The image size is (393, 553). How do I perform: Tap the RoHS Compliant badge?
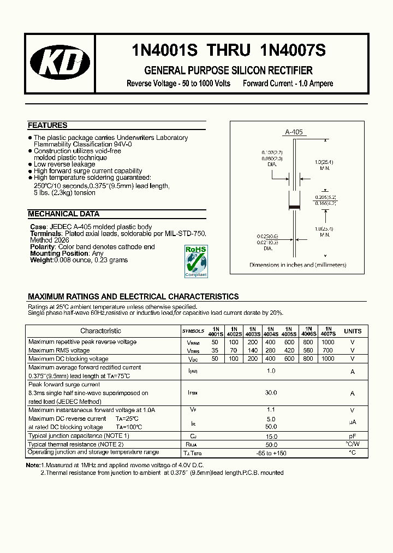pyautogui.click(x=196, y=261)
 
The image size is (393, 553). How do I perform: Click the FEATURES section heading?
pyautogui.click(x=47, y=125)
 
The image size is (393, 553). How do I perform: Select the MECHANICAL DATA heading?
pyautogui.click(x=63, y=214)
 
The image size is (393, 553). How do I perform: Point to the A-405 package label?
pyautogui.click(x=293, y=132)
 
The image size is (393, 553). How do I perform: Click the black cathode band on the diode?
pyautogui.click(x=294, y=207)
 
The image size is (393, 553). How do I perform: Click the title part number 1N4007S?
pyautogui.click(x=293, y=50)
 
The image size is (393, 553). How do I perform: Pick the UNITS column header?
pyautogui.click(x=353, y=331)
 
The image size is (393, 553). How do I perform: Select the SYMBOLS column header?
pyautogui.click(x=193, y=331)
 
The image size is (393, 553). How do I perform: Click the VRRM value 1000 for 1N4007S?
pyautogui.click(x=328, y=342)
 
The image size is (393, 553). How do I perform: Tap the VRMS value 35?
pyautogui.click(x=215, y=350)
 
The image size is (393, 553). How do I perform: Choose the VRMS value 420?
pyautogui.click(x=289, y=350)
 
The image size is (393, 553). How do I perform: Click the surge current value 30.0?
pyautogui.click(x=271, y=393)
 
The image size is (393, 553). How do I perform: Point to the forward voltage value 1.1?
pyautogui.click(x=271, y=410)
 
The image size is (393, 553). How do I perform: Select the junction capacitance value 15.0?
pyautogui.click(x=271, y=437)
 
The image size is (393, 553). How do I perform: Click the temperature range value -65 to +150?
pyautogui.click(x=271, y=453)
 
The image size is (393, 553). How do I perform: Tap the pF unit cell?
pyautogui.click(x=353, y=437)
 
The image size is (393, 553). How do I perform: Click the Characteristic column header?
pyautogui.click(x=100, y=331)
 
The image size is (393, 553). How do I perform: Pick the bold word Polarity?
pyautogui.click(x=43, y=247)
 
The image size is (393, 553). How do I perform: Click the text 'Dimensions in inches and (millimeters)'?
pyautogui.click(x=297, y=265)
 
